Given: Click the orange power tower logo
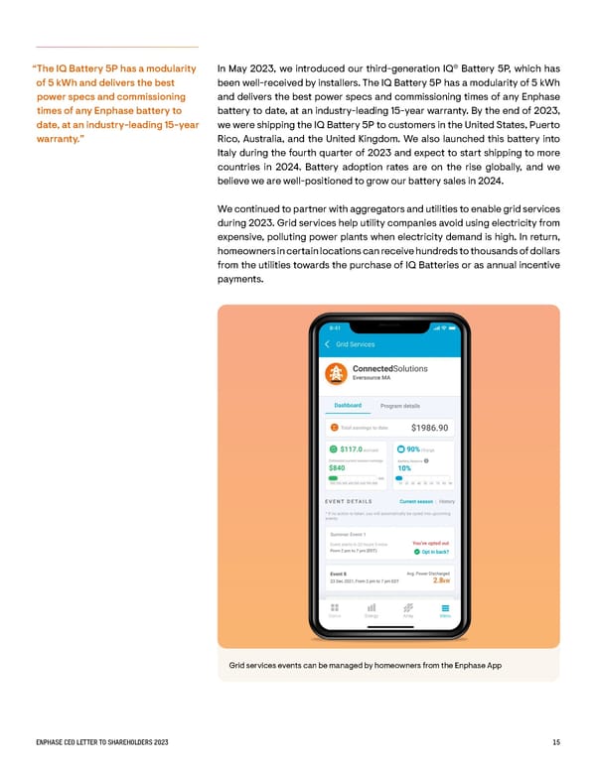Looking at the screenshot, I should (335, 372).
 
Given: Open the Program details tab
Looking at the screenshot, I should (400, 406).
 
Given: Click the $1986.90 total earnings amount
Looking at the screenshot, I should (430, 429).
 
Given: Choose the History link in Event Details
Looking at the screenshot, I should (447, 502).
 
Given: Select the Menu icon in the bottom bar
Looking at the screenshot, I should (445, 608).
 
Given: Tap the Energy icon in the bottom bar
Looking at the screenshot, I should (371, 608).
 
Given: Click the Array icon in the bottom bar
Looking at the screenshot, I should (407, 608).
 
